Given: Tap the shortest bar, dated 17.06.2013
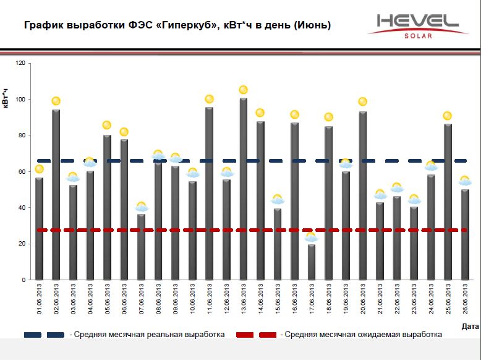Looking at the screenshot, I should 311,262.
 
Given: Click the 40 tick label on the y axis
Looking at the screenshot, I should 22,208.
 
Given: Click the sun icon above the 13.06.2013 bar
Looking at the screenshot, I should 243,90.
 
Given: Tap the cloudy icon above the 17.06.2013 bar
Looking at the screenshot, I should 311,237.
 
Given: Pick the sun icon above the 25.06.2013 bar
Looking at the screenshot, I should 448,116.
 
